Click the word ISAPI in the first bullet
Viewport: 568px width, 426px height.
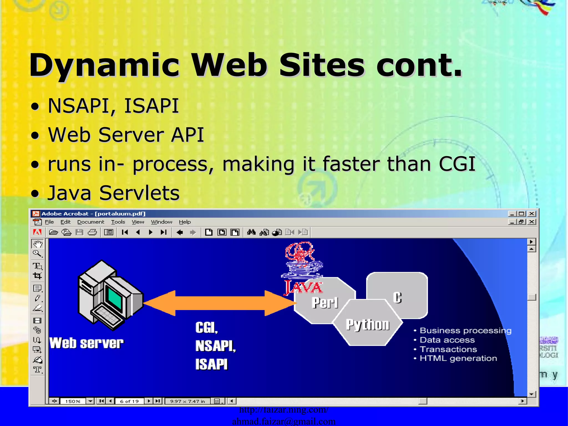click(151, 106)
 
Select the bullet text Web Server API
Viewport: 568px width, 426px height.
click(126, 135)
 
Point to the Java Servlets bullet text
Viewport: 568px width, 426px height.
click(114, 193)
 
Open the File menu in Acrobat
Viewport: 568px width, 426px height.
click(49, 222)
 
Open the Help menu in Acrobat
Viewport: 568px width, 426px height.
click(185, 222)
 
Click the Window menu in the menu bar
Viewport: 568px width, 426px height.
click(161, 222)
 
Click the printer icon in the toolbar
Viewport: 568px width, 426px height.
click(92, 232)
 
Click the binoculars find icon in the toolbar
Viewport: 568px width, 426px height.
click(251, 232)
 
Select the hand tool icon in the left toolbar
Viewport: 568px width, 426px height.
click(38, 244)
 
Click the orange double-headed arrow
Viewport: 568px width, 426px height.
click(219, 303)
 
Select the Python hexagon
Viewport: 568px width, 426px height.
click(367, 324)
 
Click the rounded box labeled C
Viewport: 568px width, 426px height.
click(397, 295)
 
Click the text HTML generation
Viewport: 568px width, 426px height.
click(458, 358)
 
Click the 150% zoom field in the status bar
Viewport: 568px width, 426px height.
click(73, 401)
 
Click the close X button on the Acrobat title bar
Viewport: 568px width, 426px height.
click(532, 214)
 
